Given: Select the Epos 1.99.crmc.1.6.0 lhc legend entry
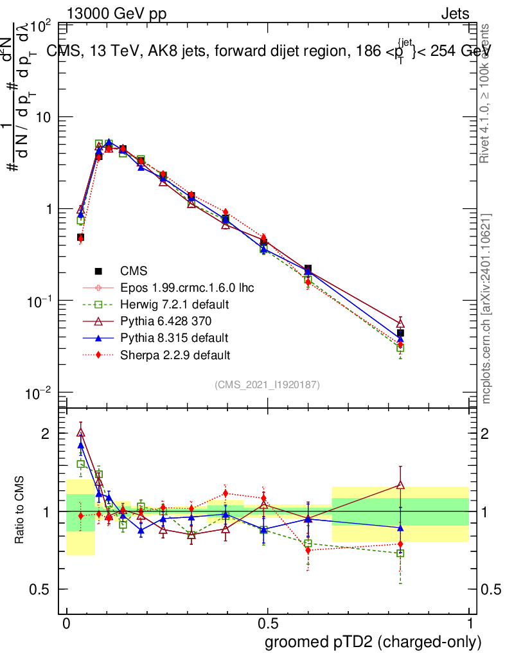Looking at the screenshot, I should coord(187,288).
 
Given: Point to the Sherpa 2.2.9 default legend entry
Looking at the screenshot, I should coord(175,355).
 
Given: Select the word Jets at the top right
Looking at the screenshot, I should coord(455,13).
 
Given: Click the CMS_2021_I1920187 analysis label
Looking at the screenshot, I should coord(267,384).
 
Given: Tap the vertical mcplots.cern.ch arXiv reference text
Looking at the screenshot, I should coord(487,308).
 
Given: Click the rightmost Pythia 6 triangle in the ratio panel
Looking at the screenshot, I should coord(400,485).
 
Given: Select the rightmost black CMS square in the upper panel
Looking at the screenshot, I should coord(400,333).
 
